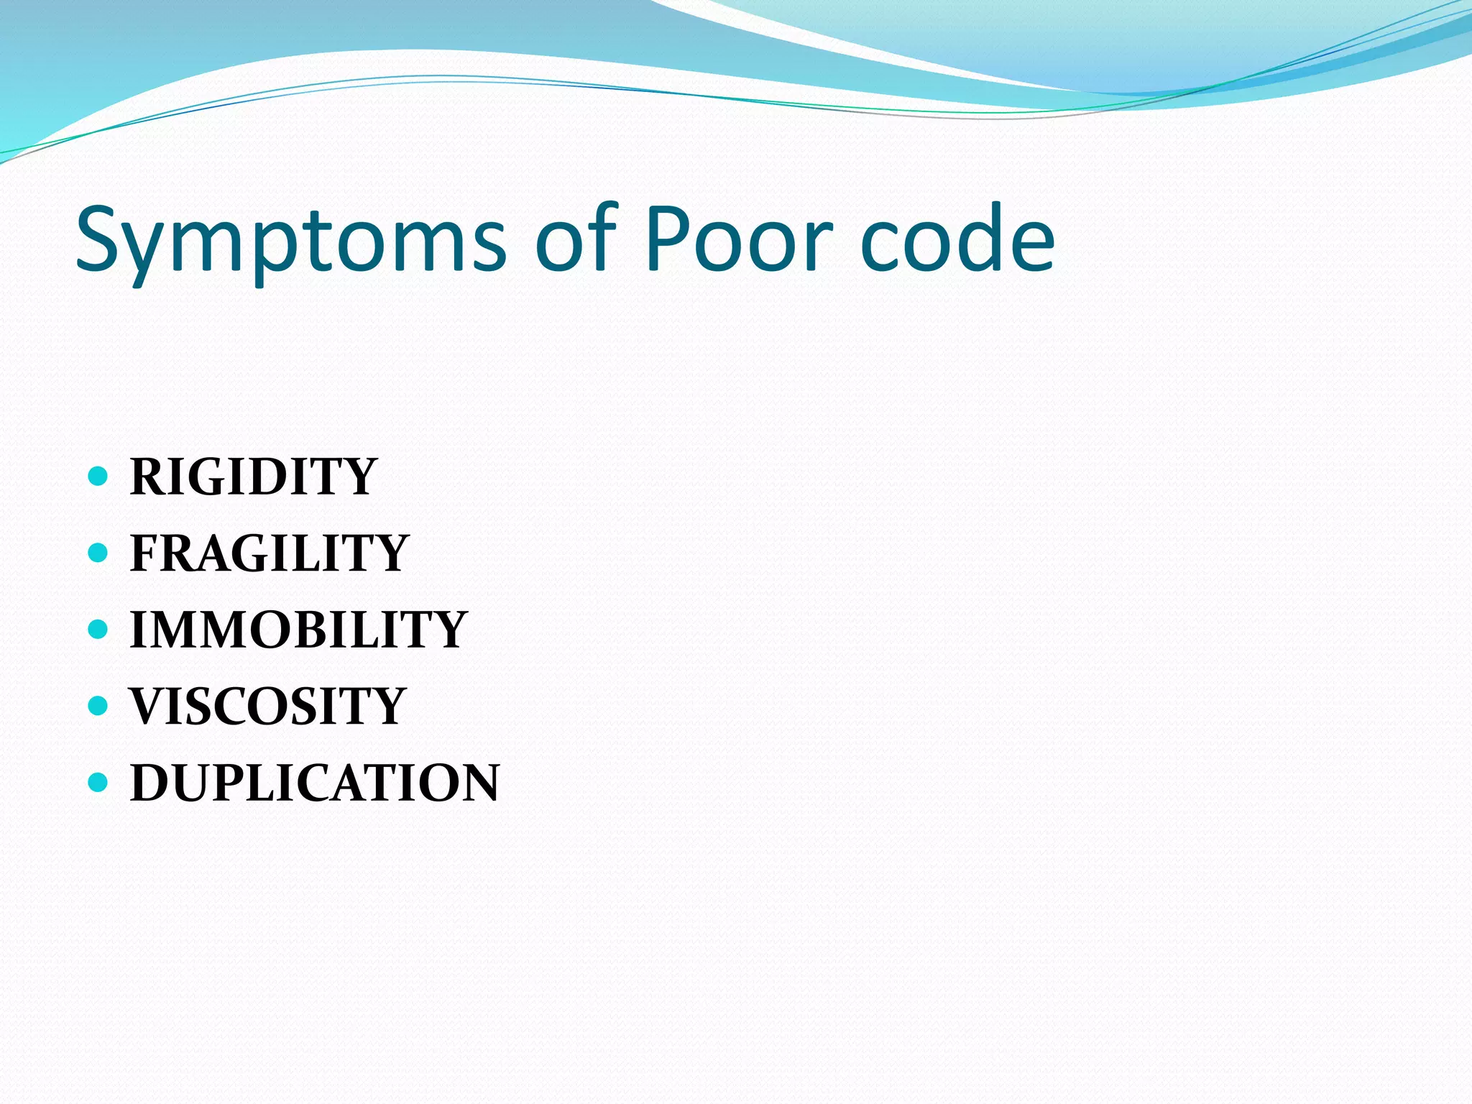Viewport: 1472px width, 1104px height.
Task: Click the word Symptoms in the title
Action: [291, 241]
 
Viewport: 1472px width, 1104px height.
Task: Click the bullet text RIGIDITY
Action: [253, 477]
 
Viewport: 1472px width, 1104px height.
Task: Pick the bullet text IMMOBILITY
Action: [298, 630]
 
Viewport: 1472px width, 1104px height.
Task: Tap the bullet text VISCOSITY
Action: [267, 706]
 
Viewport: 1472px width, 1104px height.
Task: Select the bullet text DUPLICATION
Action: [314, 783]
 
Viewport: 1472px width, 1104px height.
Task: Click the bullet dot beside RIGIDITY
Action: [97, 476]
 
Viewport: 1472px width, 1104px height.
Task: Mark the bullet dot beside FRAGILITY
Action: [97, 552]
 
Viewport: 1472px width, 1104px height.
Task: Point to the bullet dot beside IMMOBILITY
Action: [97, 629]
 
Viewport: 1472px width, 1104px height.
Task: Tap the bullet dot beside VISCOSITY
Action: [97, 705]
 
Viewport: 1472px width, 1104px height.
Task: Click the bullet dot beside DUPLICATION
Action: [97, 781]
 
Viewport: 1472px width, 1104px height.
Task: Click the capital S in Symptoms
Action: [101, 237]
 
